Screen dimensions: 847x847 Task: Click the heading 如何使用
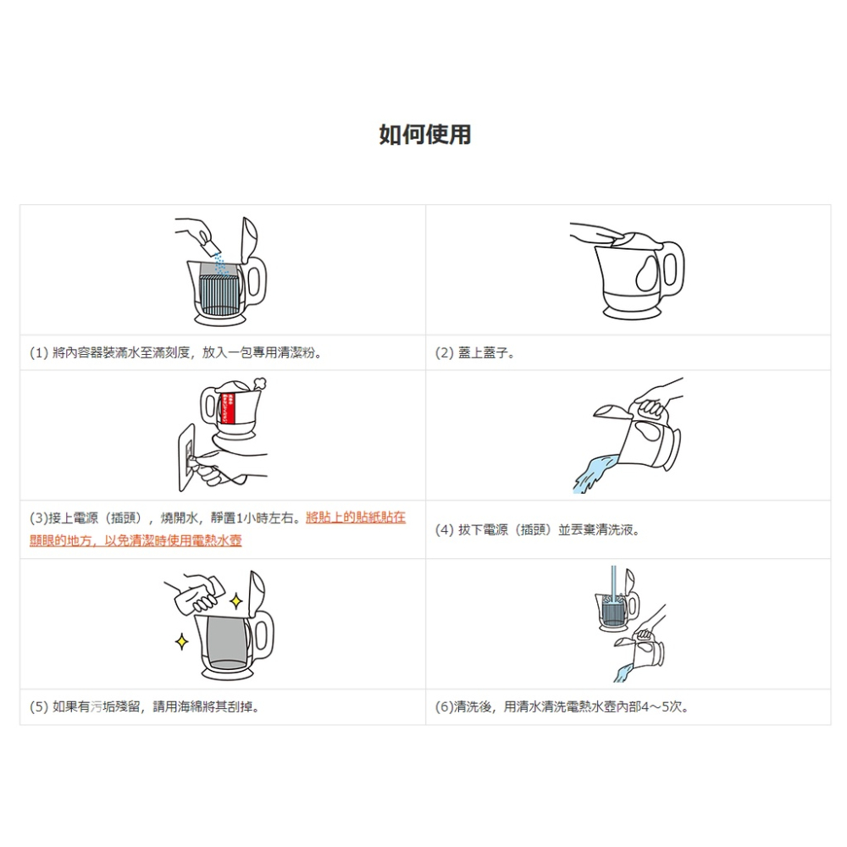(x=424, y=135)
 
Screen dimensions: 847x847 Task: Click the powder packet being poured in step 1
(x=208, y=246)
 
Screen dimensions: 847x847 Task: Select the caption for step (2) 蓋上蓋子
(x=475, y=352)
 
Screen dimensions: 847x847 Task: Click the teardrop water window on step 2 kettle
(x=647, y=272)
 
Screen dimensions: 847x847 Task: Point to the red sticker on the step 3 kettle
(x=228, y=409)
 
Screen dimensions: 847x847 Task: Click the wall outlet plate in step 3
(x=187, y=457)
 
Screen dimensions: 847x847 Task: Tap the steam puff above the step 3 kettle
(x=258, y=384)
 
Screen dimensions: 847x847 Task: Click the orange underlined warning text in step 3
(x=218, y=529)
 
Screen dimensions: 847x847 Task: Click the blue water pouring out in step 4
(x=595, y=473)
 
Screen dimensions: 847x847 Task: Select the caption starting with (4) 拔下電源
(x=538, y=530)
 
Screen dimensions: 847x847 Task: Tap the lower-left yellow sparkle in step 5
(x=182, y=642)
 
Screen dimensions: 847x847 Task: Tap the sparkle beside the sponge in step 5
(x=236, y=601)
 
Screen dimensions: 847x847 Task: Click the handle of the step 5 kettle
(x=263, y=635)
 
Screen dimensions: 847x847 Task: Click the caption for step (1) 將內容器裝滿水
(x=175, y=352)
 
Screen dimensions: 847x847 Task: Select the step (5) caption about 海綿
(x=145, y=706)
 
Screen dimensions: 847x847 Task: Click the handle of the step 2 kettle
(x=672, y=268)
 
